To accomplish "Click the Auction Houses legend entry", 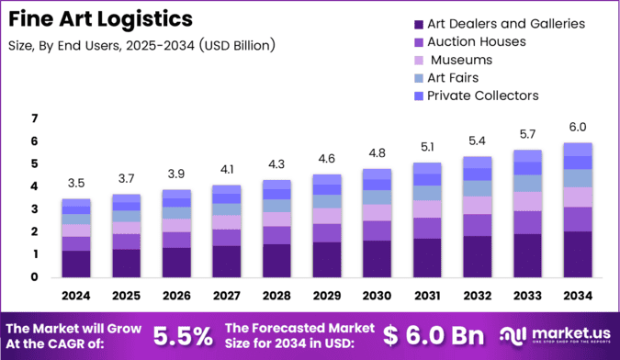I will click(x=476, y=41).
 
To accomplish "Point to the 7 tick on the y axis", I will click(x=34, y=118).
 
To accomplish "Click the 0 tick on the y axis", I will click(x=34, y=277).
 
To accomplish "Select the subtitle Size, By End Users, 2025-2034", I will click(x=140, y=44).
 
